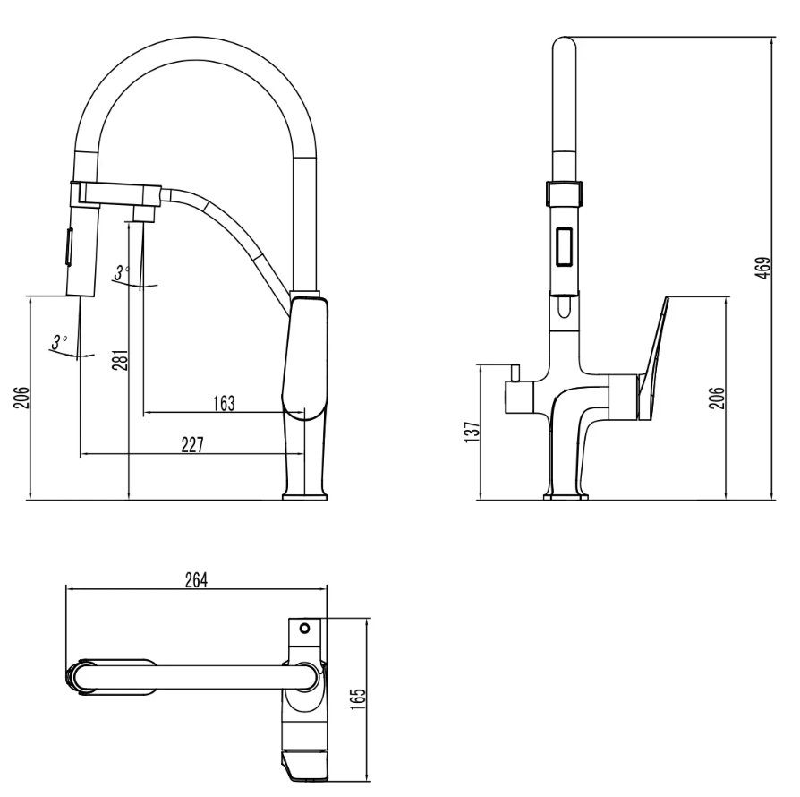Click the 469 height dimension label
click(764, 268)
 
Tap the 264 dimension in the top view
click(197, 580)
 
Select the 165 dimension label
click(359, 699)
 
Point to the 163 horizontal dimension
click(224, 403)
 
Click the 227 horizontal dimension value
click(192, 445)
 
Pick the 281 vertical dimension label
click(121, 360)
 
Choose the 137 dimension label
click(473, 432)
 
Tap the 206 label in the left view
click(22, 398)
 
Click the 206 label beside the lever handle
click(717, 398)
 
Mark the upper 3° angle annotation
click(122, 272)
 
